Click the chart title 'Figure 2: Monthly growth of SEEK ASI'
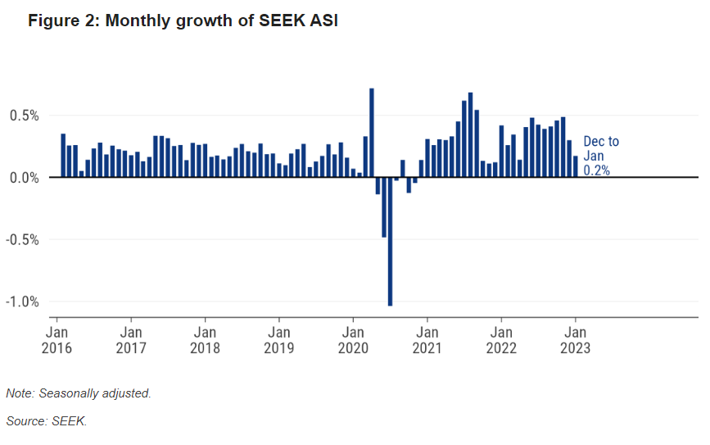(x=183, y=21)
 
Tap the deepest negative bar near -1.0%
(x=390, y=242)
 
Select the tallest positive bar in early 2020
(x=372, y=133)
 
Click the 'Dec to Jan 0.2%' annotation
(x=600, y=156)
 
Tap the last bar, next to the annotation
(x=576, y=166)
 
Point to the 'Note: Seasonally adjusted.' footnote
(x=79, y=393)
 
